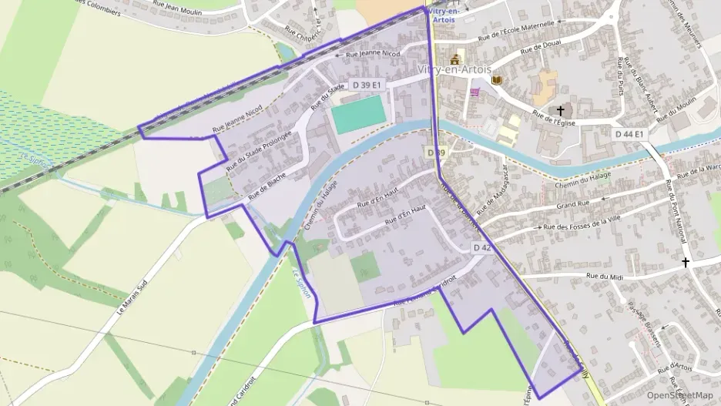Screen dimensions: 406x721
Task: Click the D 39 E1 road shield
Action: (366, 84)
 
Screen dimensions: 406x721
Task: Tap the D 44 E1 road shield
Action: (629, 133)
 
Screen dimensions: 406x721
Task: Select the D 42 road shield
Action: (481, 247)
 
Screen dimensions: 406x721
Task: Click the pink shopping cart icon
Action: (475, 92)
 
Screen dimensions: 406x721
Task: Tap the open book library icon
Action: (497, 79)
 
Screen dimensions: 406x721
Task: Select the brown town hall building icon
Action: (455, 59)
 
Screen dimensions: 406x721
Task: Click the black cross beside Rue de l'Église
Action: (560, 110)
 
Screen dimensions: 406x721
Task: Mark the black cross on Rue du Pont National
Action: (686, 263)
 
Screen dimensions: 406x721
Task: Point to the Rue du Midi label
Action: (604, 276)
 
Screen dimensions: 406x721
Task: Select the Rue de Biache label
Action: (268, 186)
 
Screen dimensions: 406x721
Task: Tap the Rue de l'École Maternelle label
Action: (515, 31)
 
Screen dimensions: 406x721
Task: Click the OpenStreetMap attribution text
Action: (680, 395)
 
